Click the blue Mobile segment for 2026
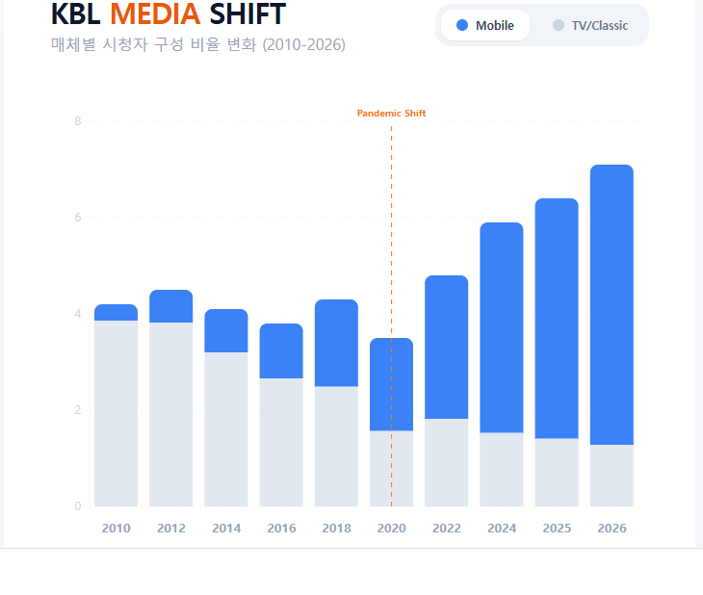[612, 304]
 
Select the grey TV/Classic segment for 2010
[116, 413]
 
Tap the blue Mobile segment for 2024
[502, 327]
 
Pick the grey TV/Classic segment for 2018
[336, 446]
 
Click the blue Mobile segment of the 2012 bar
[171, 306]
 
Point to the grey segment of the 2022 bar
[446, 462]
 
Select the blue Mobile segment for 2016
[281, 350]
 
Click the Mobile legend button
[485, 25]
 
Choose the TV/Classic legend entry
[589, 25]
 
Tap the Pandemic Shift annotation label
[391, 114]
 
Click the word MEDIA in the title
[155, 14]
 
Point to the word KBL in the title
[76, 14]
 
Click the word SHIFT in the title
[247, 14]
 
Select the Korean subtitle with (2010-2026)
[197, 45]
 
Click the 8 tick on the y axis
[78, 121]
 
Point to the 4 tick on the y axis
[78, 314]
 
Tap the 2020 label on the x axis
[391, 529]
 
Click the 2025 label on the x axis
[557, 529]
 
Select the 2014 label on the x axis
[226, 529]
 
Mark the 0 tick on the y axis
[78, 506]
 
